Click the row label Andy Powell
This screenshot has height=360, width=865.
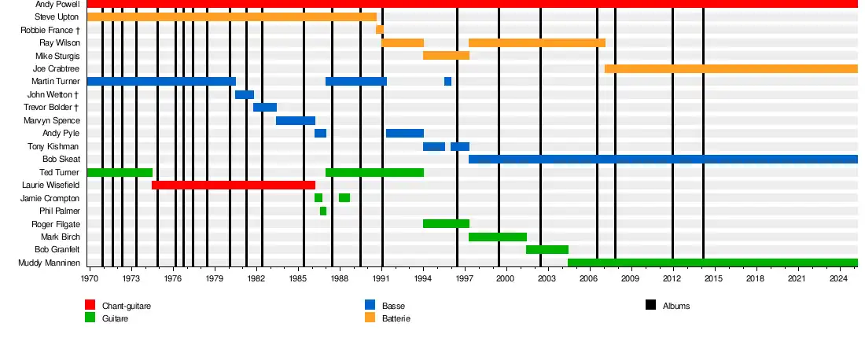click(x=57, y=4)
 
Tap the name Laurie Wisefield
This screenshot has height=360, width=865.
click(x=51, y=185)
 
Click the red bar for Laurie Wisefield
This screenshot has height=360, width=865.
click(x=234, y=185)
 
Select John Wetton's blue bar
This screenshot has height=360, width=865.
click(x=244, y=94)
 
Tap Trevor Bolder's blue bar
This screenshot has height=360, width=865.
click(x=265, y=107)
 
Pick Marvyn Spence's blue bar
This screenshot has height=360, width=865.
click(x=296, y=120)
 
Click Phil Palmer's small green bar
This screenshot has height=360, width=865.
click(x=323, y=211)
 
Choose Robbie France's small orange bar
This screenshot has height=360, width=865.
click(x=379, y=30)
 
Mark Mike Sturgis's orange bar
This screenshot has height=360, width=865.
click(x=446, y=56)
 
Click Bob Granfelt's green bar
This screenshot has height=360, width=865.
click(x=547, y=249)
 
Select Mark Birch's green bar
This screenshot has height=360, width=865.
click(x=498, y=237)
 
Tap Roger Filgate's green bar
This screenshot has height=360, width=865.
click(x=446, y=223)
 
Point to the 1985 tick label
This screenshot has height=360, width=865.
click(x=298, y=278)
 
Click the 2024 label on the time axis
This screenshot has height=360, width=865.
click(x=839, y=278)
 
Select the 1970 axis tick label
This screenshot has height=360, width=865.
click(x=90, y=278)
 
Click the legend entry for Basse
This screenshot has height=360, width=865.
click(x=393, y=306)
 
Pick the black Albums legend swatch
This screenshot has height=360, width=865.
click(x=650, y=305)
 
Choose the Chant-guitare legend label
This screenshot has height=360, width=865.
click(x=126, y=306)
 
